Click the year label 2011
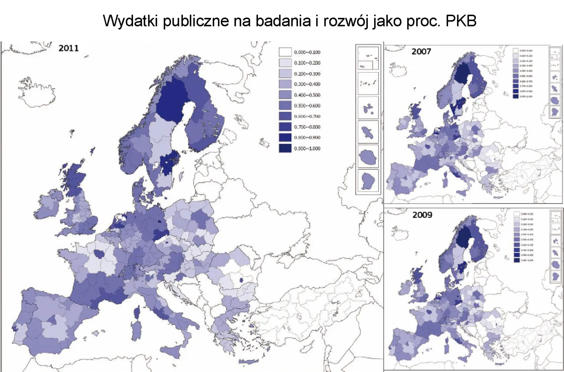point(68,48)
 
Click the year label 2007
point(421,52)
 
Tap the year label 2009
point(422,215)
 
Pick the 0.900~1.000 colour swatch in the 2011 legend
point(285,148)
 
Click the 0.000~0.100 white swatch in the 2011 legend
point(285,52)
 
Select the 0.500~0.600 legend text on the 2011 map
point(307,106)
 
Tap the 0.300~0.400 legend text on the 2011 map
point(307,84)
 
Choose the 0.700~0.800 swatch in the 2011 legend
point(285,127)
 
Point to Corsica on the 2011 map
point(137,311)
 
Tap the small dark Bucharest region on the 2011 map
point(241,280)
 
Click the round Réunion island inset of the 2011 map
point(368,156)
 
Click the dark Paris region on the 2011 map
point(99,254)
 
